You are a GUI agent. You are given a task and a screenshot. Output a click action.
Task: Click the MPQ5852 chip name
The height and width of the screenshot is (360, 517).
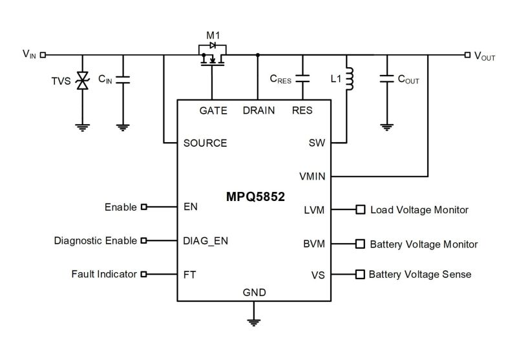[254, 195]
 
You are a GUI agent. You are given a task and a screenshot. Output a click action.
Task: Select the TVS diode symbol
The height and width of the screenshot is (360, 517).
[82, 81]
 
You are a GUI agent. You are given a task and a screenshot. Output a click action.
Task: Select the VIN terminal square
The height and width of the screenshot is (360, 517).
[43, 55]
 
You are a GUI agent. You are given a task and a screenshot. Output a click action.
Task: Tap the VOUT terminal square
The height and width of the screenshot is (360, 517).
[467, 55]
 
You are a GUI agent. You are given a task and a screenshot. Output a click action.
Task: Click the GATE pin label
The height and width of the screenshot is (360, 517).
[213, 111]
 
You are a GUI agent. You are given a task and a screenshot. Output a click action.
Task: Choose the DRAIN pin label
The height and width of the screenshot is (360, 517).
[258, 111]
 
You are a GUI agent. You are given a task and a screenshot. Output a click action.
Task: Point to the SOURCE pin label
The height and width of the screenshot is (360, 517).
[205, 143]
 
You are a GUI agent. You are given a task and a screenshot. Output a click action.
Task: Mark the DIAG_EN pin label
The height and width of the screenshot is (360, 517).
[206, 240]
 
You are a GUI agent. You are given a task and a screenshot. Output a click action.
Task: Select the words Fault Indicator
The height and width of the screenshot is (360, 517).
[104, 274]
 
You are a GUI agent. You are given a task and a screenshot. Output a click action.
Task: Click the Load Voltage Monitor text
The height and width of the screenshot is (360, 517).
[419, 210]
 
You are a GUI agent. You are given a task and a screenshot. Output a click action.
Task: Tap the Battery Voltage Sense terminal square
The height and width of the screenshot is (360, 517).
[359, 274]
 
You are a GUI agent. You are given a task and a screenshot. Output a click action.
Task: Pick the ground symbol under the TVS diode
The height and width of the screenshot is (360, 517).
[82, 126]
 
